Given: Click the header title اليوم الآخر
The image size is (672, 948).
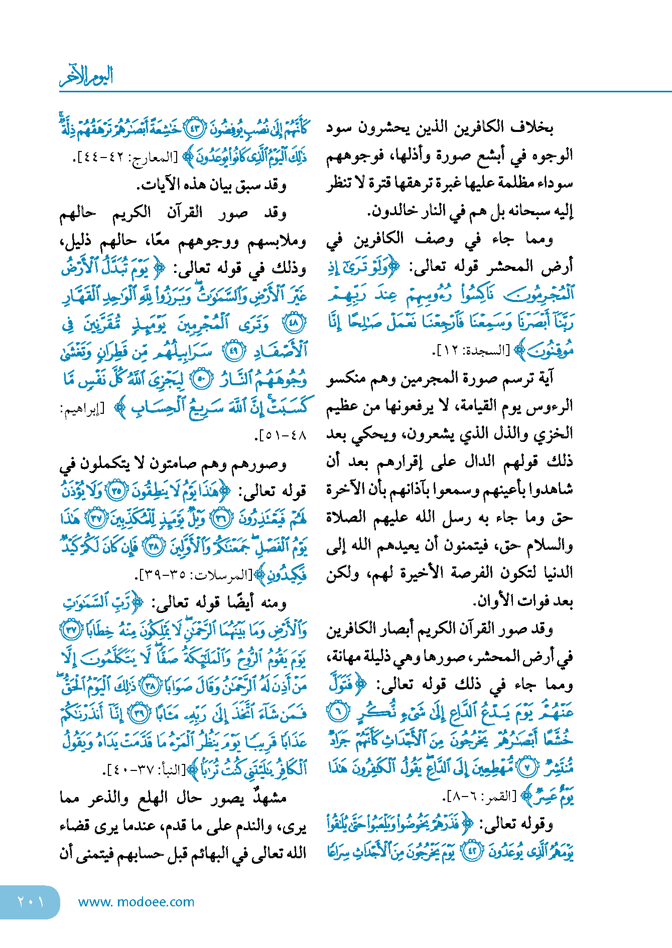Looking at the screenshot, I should (86, 76).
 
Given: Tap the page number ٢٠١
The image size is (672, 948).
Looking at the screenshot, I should (30, 902).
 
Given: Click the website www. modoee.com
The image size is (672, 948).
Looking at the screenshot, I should (136, 902).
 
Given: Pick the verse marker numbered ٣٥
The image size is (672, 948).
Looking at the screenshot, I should (118, 491).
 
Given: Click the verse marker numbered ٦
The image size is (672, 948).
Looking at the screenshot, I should (337, 711).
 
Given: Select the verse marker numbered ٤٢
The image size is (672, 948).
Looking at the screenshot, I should (471, 852).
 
